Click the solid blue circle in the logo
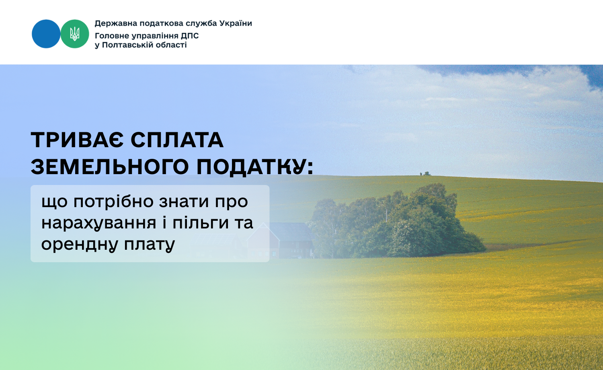point(46,34)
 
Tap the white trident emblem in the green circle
point(74,34)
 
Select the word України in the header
point(236,23)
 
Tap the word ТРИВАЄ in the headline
point(77,140)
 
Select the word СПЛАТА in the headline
point(177,140)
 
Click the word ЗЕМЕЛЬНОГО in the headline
point(110,167)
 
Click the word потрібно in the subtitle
point(113,202)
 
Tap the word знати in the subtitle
point(184,202)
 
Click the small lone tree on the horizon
point(426,173)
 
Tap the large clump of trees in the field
point(396,224)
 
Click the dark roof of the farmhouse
point(291,232)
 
